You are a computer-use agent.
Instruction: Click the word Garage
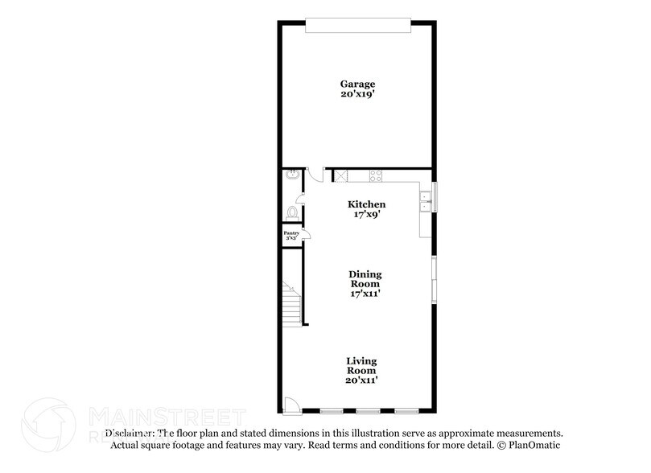click(x=357, y=84)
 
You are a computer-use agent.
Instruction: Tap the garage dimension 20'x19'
click(x=357, y=94)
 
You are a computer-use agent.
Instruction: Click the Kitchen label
click(x=366, y=204)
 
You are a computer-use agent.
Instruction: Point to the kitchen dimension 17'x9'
click(x=366, y=216)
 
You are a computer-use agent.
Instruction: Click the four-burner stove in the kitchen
click(x=375, y=176)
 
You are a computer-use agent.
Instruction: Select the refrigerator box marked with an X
click(x=340, y=176)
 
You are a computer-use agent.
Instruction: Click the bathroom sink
click(x=290, y=175)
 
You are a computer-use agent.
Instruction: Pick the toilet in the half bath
click(x=291, y=212)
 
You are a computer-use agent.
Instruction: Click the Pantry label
click(x=290, y=233)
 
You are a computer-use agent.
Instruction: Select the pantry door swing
click(x=307, y=235)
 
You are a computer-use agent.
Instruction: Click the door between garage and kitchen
click(x=318, y=175)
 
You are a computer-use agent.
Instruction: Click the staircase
click(x=290, y=303)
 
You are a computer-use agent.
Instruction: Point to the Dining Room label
click(x=365, y=279)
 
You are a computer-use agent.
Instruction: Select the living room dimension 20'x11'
click(x=361, y=380)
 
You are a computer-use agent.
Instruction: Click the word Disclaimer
click(x=129, y=433)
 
